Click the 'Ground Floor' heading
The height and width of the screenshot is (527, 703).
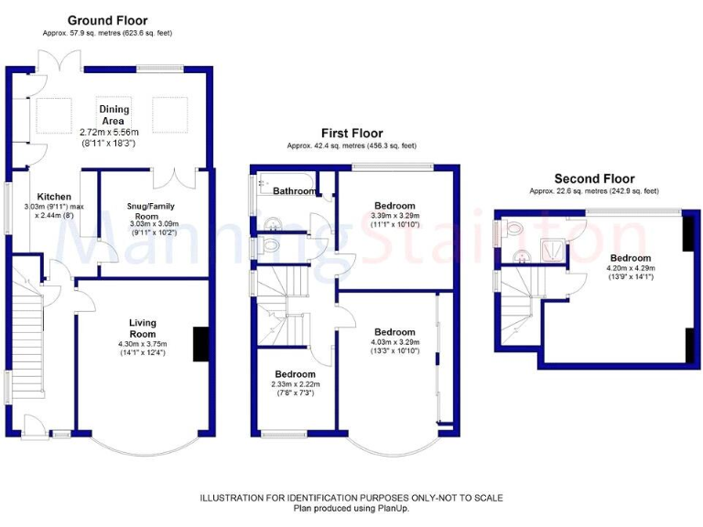pos(107,20)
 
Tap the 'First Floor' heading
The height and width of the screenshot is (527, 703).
pos(351,133)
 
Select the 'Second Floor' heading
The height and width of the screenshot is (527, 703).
pos(594,178)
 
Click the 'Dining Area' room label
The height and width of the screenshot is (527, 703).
pos(114,115)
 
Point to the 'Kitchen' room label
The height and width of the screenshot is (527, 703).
pos(53,197)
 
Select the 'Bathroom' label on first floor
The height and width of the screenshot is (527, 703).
pos(295,191)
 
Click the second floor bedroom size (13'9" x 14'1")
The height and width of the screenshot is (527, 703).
pos(631,276)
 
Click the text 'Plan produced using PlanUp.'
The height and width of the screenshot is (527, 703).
pos(351,508)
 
